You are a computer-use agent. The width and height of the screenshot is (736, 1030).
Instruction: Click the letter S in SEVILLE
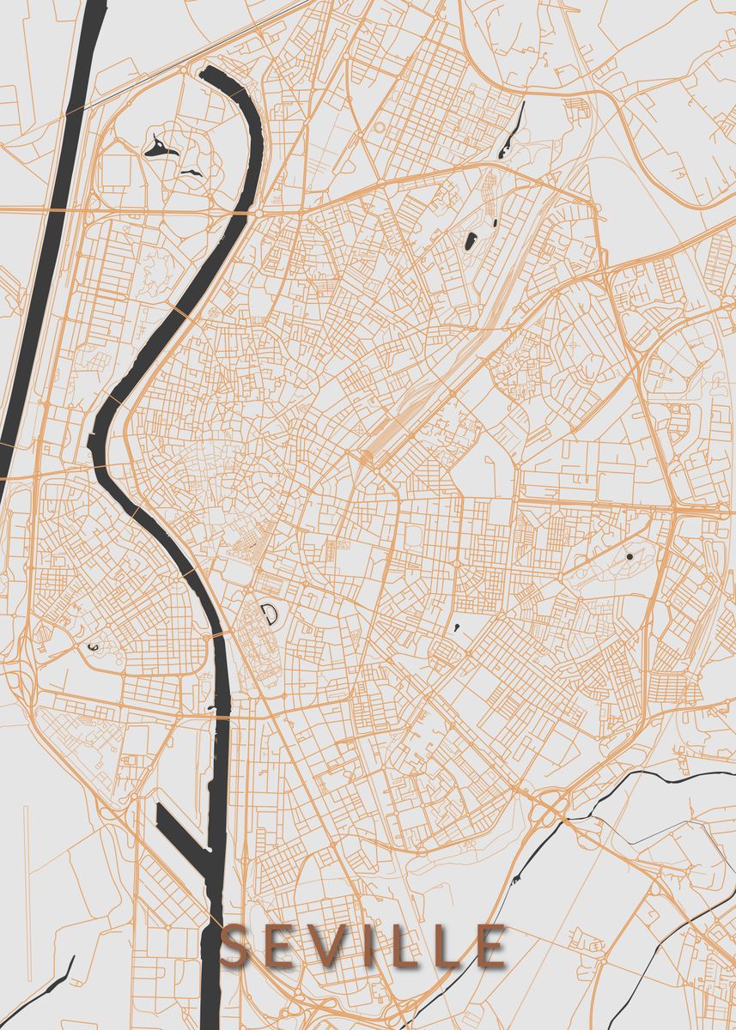click(234, 946)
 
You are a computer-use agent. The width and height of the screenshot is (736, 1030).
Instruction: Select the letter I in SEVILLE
click(367, 946)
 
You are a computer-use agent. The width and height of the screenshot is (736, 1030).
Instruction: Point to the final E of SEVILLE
click(491, 946)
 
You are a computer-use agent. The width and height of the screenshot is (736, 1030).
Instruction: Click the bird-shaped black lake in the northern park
click(160, 149)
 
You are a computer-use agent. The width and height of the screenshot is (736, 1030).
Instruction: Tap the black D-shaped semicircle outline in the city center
click(269, 613)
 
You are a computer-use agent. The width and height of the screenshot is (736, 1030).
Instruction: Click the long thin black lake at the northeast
click(512, 133)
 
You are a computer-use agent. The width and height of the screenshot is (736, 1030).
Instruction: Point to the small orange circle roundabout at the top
click(379, 127)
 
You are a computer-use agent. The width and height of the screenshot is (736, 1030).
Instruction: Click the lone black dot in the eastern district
click(630, 556)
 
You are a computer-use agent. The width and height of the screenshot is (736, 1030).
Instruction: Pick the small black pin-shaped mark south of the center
click(456, 627)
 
